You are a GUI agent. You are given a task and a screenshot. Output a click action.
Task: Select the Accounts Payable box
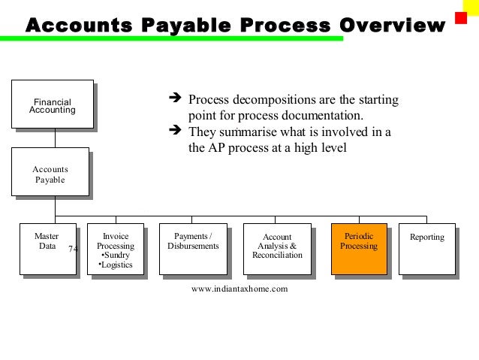pos(51,174)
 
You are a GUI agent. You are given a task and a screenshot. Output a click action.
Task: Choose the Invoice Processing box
pos(116,249)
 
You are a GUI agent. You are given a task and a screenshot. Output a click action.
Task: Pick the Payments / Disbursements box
pos(193,249)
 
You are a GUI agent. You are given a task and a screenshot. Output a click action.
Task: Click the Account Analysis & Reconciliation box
pos(277,249)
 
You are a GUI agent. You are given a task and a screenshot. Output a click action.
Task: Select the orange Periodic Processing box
pos(359,249)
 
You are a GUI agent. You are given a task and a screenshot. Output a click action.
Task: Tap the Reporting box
pos(426,249)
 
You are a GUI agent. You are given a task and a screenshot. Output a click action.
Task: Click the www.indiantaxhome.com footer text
pos(239,288)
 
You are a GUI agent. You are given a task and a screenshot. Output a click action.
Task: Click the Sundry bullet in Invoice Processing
pos(116,255)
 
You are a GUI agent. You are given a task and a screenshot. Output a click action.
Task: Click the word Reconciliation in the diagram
pos(277,256)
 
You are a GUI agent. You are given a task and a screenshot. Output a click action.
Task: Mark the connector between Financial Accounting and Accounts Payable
pos(53,139)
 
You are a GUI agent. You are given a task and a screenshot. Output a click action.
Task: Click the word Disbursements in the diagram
pos(193,246)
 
